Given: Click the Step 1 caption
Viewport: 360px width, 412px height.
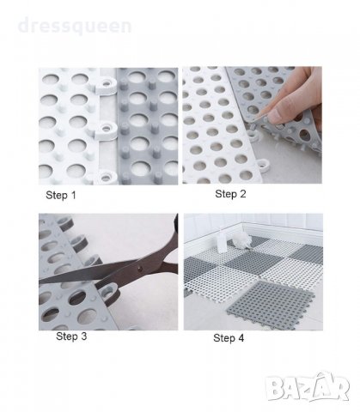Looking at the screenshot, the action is pyautogui.click(x=61, y=195).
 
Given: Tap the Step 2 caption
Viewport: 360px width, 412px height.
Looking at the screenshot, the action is pyautogui.click(x=230, y=194).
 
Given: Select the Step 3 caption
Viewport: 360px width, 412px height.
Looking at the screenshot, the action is pyautogui.click(x=71, y=336).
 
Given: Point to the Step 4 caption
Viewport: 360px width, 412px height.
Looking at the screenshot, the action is pyautogui.click(x=229, y=338).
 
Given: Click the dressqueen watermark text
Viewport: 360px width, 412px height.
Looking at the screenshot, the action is pyautogui.click(x=75, y=26).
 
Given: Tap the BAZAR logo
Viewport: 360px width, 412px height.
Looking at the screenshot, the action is pyautogui.click(x=308, y=387).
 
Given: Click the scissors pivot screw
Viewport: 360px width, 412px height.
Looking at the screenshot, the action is pyautogui.click(x=140, y=269).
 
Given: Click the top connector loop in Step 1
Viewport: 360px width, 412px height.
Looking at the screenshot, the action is pyautogui.click(x=106, y=85).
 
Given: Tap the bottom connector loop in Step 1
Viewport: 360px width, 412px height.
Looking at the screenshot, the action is pyautogui.click(x=106, y=177).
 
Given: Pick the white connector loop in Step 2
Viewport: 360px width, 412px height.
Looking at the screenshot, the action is pyautogui.click(x=264, y=166).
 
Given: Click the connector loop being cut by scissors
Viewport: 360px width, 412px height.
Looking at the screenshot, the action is pyautogui.click(x=107, y=291).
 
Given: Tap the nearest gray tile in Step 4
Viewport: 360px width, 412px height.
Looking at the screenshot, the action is pyautogui.click(x=271, y=304).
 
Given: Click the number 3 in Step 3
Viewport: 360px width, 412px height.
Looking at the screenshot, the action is pyautogui.click(x=83, y=336).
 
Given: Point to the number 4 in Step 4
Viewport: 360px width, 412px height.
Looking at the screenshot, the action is pyautogui.click(x=241, y=338).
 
